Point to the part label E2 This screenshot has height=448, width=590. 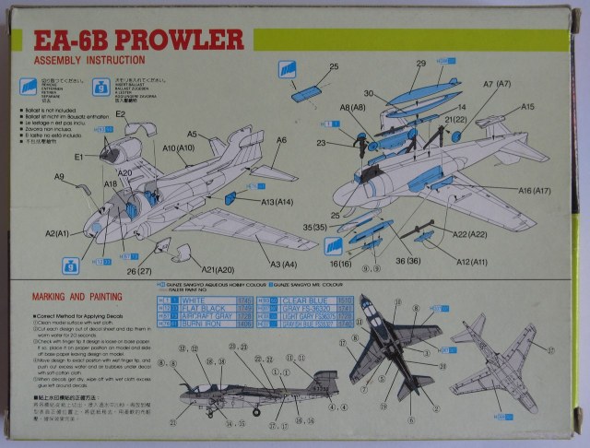(121, 113)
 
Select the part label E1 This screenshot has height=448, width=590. (79, 157)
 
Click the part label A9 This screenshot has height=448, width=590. (59, 176)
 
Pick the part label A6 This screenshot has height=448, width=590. (280, 139)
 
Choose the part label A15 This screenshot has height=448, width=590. (527, 107)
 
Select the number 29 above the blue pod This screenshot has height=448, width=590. (419, 64)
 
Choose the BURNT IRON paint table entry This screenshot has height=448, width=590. (197, 324)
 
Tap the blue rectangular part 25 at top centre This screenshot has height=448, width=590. (304, 93)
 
